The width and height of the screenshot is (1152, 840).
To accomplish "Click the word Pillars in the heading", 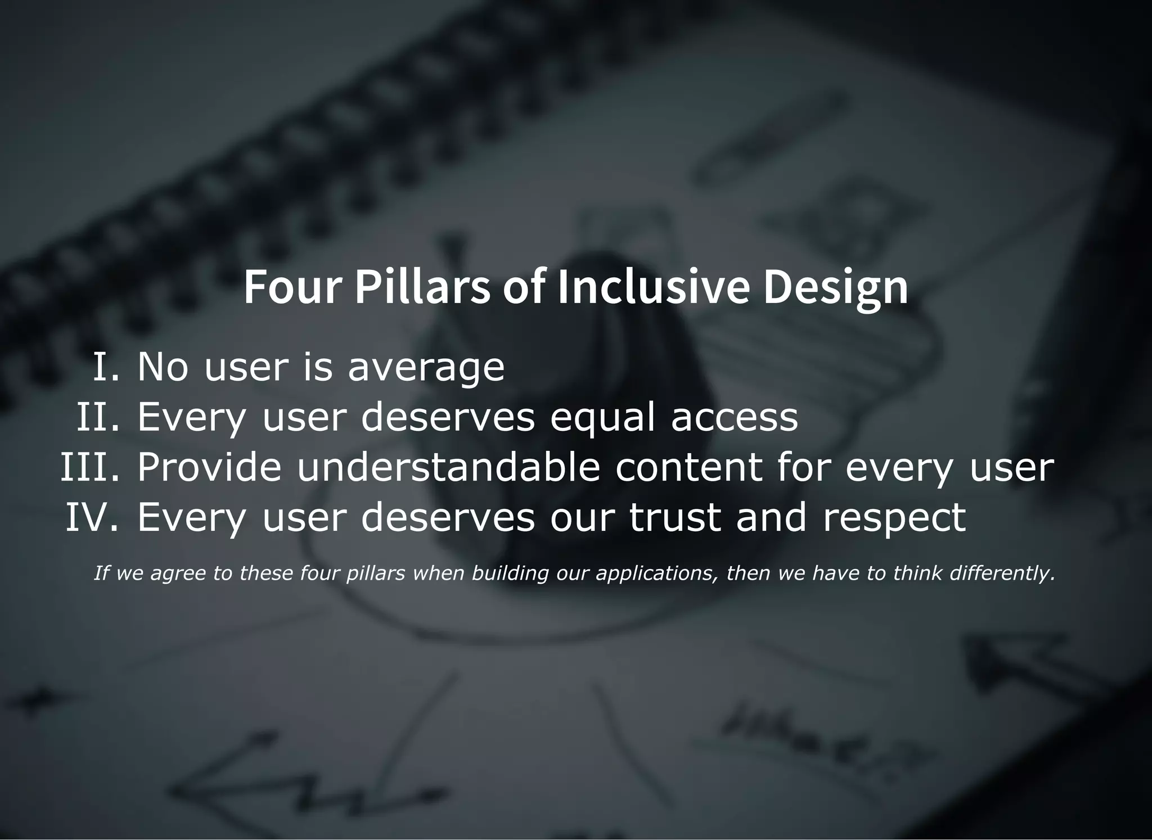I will [x=422, y=287].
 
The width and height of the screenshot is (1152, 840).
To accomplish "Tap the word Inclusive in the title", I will [x=653, y=287].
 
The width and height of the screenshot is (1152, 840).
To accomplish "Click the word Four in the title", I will [x=292, y=287].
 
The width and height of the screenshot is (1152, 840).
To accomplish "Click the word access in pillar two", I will [x=735, y=418].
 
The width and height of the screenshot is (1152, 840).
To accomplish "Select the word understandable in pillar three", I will [x=449, y=467].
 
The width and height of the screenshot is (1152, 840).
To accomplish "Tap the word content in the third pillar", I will [x=688, y=467].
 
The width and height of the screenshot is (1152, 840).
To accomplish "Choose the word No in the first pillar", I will [x=163, y=367].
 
